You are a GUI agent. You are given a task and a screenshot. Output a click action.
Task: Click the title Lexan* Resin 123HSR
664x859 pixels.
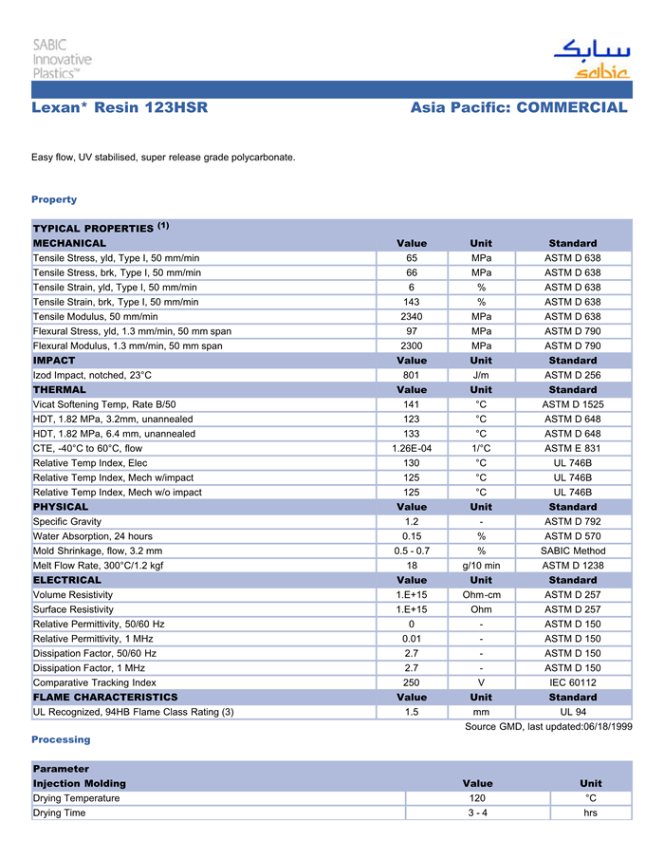click(x=120, y=108)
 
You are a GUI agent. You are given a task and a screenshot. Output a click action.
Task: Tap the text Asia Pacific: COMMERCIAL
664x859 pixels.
click(x=519, y=108)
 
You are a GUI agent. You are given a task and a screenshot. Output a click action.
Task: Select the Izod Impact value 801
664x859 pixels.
click(x=412, y=375)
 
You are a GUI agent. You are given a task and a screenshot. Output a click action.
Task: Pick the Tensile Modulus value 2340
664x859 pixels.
click(x=412, y=316)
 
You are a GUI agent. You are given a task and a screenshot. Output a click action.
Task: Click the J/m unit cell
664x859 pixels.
click(x=481, y=375)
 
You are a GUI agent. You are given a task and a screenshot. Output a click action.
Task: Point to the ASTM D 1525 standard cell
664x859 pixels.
click(x=573, y=404)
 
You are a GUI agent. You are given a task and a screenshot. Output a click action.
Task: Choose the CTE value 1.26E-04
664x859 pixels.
click(x=412, y=448)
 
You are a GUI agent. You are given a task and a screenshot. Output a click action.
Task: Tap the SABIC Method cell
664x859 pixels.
click(x=573, y=551)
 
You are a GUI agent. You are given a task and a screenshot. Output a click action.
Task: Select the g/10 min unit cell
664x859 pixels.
click(x=481, y=565)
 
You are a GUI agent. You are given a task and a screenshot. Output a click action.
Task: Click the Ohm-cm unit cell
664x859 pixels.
click(x=481, y=594)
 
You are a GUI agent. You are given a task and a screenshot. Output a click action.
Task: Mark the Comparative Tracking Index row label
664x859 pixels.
click(x=95, y=682)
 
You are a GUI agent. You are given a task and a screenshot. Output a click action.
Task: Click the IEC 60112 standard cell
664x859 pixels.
click(x=573, y=682)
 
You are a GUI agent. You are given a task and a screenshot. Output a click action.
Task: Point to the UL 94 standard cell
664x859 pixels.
click(x=573, y=711)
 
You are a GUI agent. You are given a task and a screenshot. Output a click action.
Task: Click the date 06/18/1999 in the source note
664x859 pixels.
click(x=602, y=726)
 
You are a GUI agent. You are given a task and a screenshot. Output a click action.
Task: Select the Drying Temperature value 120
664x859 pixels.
click(x=477, y=798)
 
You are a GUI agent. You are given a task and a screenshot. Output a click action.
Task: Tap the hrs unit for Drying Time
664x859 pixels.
click(x=590, y=812)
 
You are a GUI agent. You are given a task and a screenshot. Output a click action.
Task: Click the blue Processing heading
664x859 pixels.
click(x=61, y=739)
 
